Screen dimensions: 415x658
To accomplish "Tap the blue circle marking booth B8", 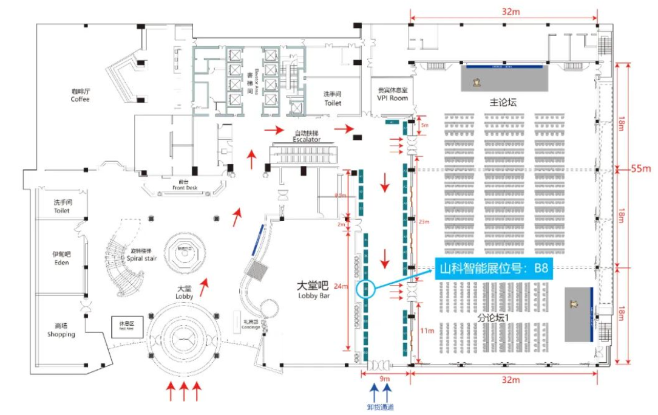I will (x=367, y=288).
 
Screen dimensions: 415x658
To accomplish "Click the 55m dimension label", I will (x=641, y=168).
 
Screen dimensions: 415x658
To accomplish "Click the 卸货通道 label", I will (x=380, y=406).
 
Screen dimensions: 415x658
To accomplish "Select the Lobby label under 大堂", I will (x=183, y=296).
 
